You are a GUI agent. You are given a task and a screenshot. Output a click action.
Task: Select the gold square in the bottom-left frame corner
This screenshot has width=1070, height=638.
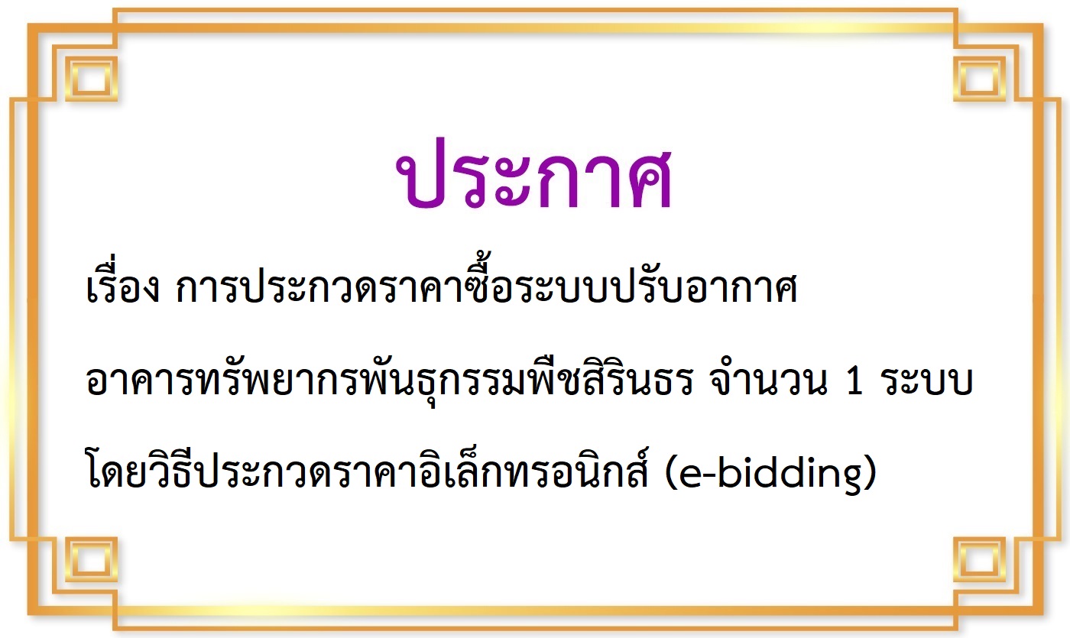pos(91,560)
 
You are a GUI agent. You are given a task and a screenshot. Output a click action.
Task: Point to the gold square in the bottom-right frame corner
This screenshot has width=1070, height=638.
pos(980,560)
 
